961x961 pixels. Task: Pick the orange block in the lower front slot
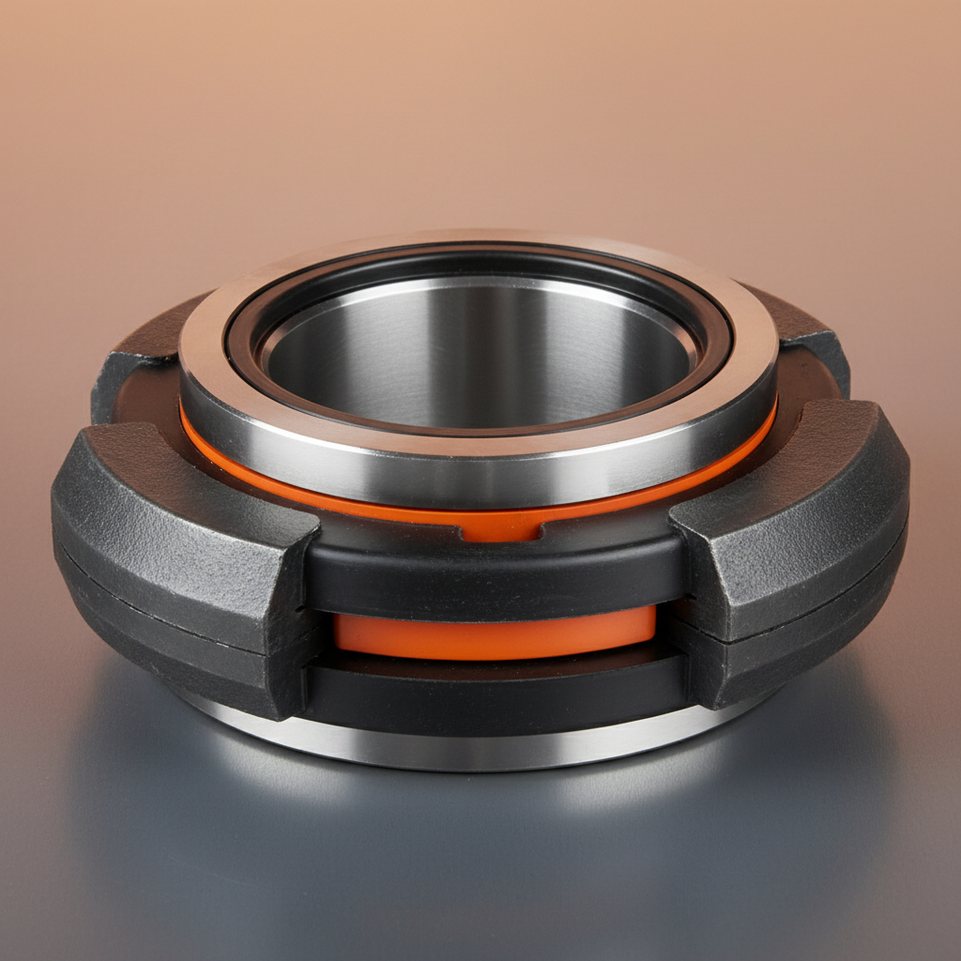tap(496, 631)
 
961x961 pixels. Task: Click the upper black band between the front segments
tap(496, 572)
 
